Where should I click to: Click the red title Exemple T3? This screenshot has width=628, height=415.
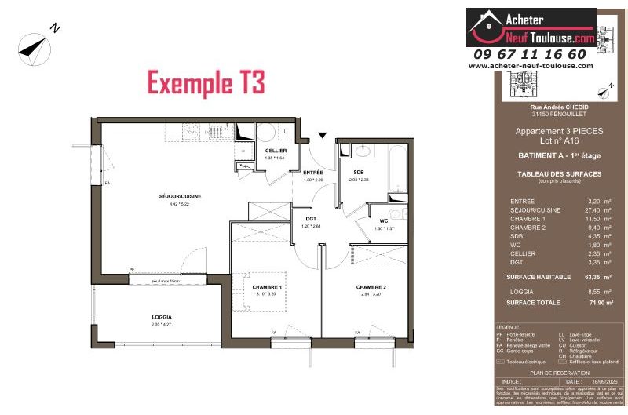point(206,82)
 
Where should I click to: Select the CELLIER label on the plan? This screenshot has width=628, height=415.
point(275,151)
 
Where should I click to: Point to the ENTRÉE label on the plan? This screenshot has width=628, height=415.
point(313,172)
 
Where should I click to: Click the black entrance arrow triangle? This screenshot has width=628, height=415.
point(322,135)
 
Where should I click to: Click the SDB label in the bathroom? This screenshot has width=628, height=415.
point(358,172)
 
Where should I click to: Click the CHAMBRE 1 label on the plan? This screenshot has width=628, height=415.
point(267,288)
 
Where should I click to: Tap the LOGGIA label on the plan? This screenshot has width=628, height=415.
point(162,317)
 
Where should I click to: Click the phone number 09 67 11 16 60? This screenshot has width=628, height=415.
point(530,54)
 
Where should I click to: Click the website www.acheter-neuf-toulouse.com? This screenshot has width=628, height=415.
point(531,67)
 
